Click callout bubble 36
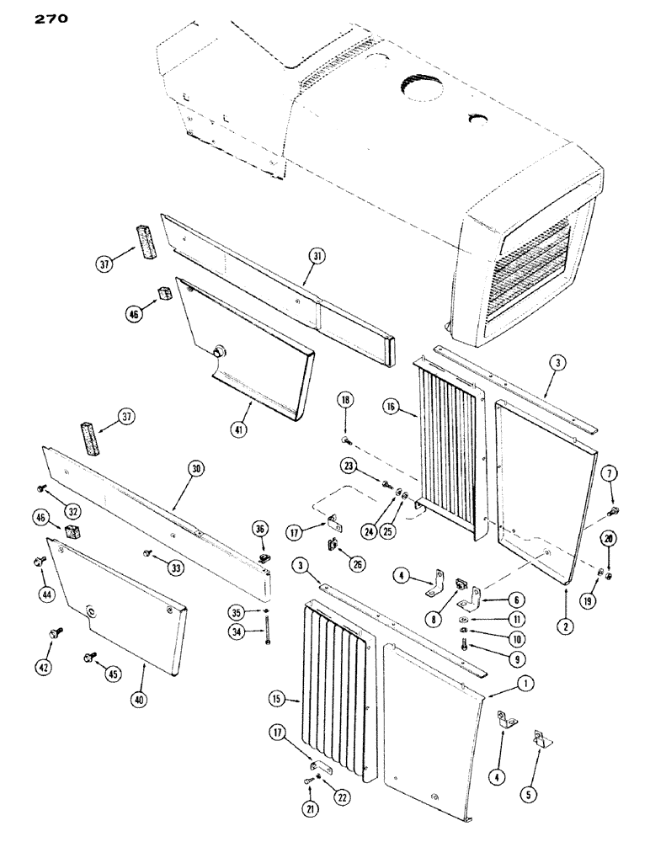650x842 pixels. pyautogui.click(x=259, y=528)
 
